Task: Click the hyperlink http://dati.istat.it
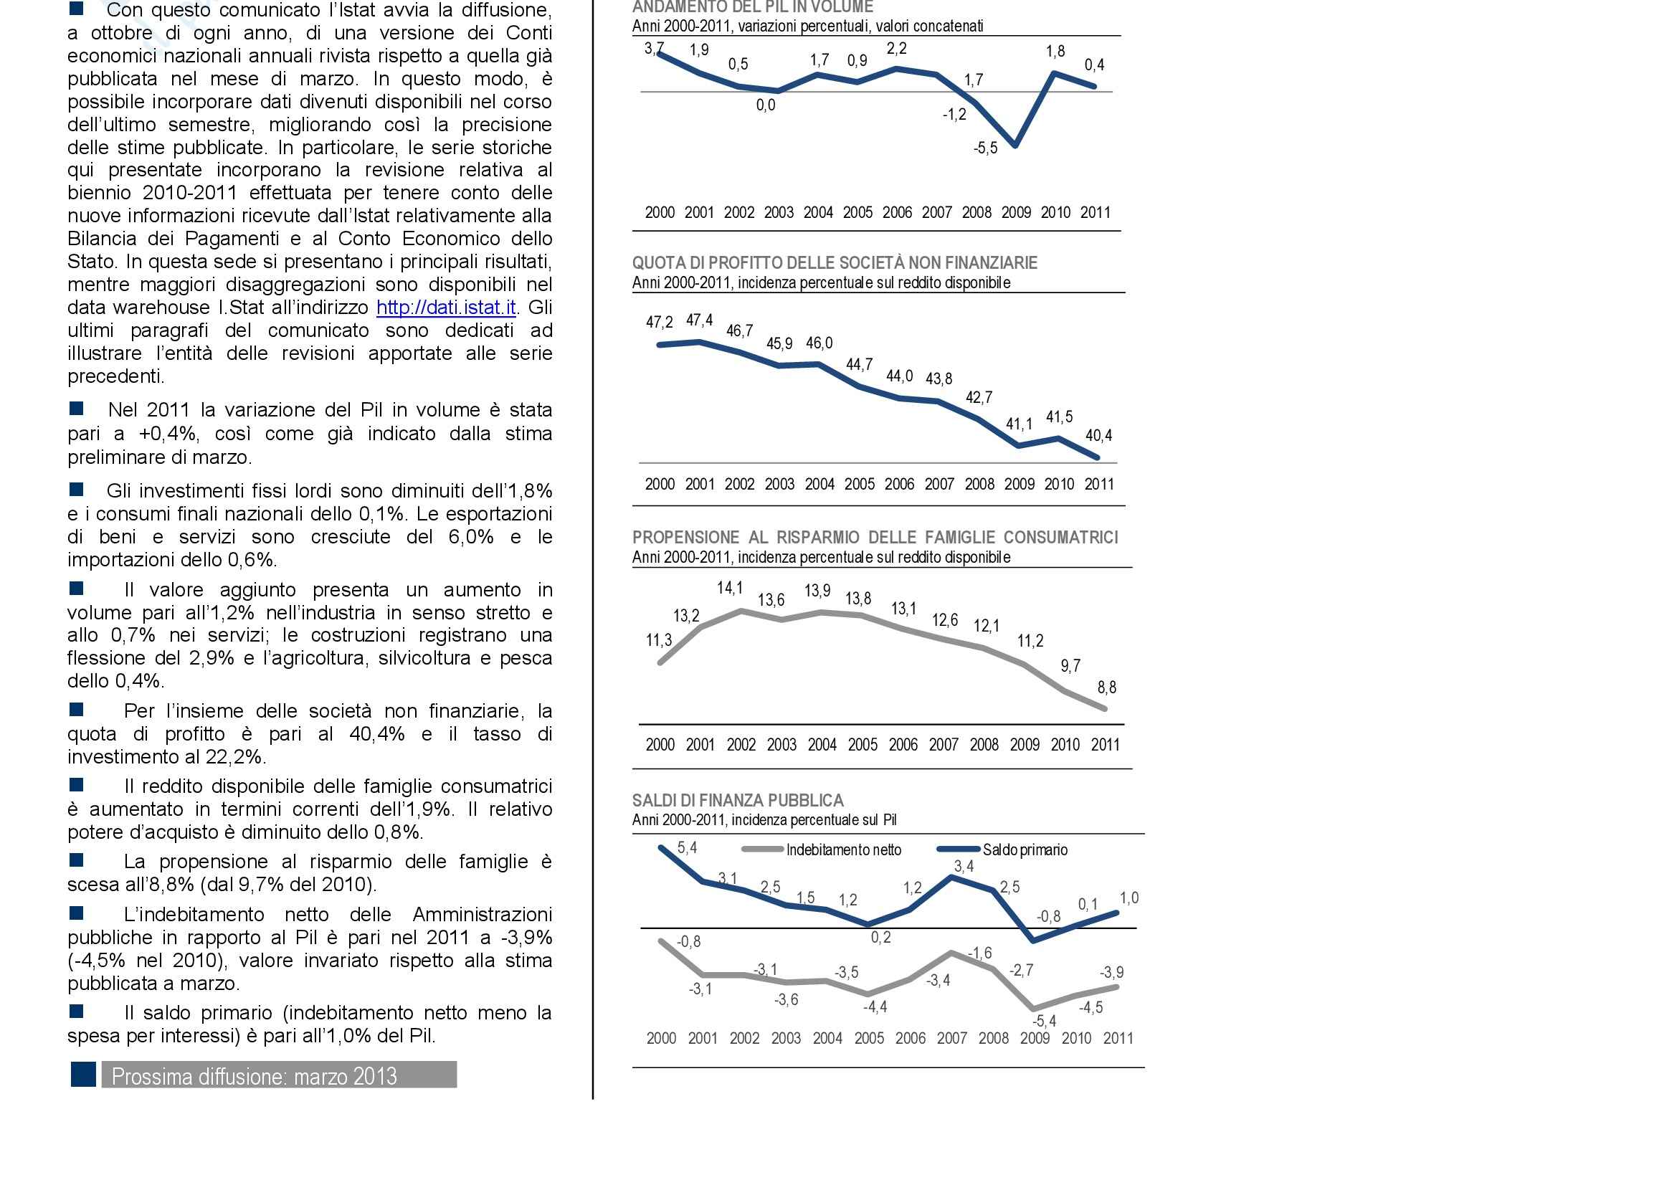446,308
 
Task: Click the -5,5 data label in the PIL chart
985,148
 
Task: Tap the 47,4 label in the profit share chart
699,320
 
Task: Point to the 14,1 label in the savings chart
730,588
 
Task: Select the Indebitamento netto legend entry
843,850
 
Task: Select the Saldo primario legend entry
1025,850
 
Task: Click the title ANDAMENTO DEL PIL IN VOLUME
752,7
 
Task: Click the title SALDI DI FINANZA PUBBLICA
738,800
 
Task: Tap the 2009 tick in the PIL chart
1016,212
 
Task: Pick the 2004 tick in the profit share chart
820,484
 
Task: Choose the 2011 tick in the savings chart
1105,745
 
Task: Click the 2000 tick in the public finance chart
661,1038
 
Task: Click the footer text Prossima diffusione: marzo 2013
255,1076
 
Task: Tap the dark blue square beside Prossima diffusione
83,1074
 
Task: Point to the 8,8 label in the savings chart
1106,687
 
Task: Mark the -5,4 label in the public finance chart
1044,1022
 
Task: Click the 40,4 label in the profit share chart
1098,436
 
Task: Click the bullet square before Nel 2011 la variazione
76,409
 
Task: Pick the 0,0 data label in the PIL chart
766,105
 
